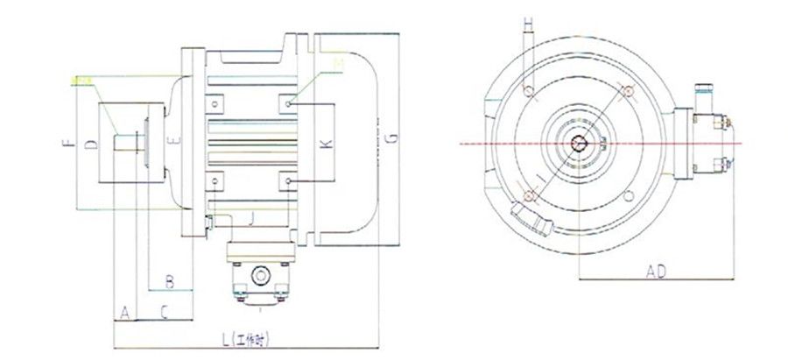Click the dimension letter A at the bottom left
[124, 311]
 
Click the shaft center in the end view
[579, 143]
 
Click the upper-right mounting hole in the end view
[629, 91]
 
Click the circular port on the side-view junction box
[260, 276]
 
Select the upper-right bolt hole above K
[289, 103]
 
